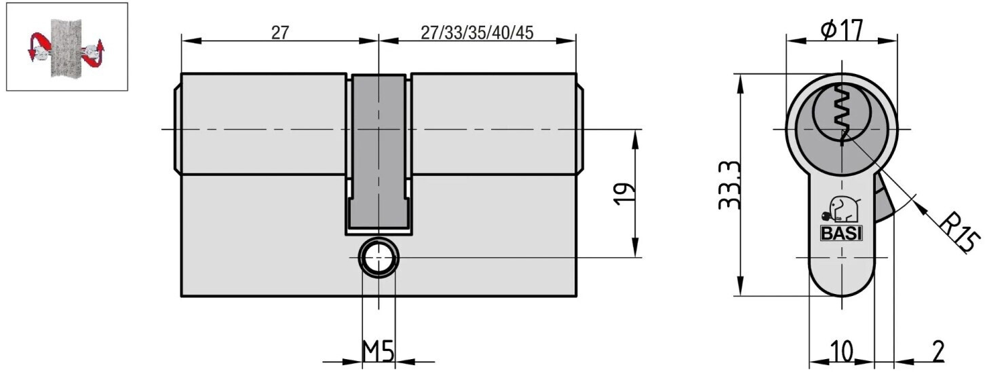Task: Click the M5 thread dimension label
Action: [x=378, y=351]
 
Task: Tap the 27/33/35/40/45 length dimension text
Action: [x=477, y=33]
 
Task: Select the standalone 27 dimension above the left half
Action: [x=279, y=33]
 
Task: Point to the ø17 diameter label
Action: [x=842, y=31]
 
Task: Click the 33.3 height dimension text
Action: [x=729, y=185]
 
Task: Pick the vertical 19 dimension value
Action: [x=625, y=193]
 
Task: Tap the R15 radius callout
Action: [x=959, y=232]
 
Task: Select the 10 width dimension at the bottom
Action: [x=842, y=352]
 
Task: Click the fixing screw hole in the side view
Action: [x=379, y=258]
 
